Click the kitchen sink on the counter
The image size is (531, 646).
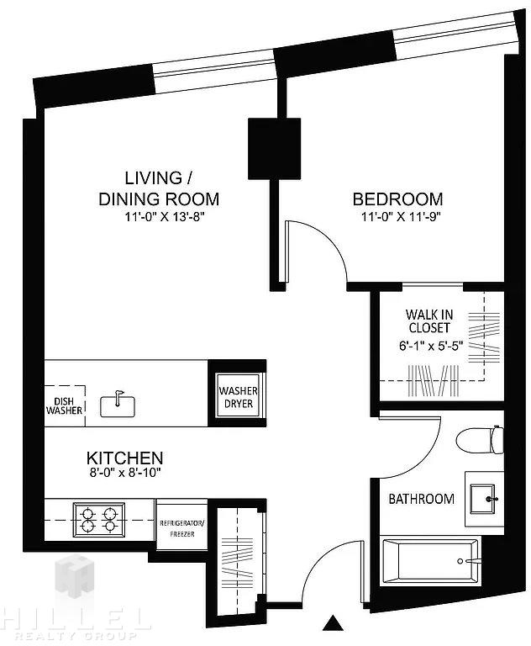(118, 405)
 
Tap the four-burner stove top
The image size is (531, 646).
(99, 520)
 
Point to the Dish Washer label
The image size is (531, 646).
(64, 405)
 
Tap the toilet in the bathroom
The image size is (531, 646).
(480, 440)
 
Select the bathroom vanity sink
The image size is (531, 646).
(484, 499)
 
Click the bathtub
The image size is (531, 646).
(430, 560)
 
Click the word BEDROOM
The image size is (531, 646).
(397, 199)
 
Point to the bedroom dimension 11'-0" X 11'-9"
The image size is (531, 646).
(401, 217)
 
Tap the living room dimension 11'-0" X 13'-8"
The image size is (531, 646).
(165, 217)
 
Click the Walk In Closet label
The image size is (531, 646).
(429, 321)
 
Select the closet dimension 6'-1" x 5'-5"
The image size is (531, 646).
(431, 346)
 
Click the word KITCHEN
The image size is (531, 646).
(124, 458)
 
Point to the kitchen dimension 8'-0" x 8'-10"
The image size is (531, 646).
(125, 473)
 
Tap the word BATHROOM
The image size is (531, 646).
(422, 499)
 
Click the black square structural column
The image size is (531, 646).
(274, 149)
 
